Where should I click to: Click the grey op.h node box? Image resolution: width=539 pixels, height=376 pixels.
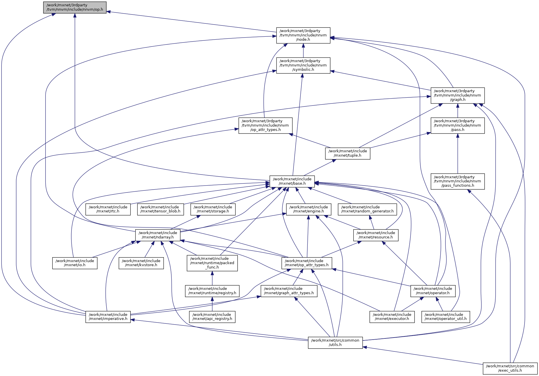pos(75,7)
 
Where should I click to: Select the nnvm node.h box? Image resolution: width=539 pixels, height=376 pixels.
pos(303,35)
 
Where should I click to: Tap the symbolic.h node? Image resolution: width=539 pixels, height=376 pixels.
pos(303,65)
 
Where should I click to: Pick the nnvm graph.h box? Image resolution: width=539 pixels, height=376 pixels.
pos(457,95)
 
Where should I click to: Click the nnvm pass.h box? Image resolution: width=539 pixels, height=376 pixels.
pos(457,125)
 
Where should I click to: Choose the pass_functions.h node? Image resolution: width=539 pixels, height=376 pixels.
pos(457,181)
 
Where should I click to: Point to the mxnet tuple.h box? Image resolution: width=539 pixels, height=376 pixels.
pos(347,153)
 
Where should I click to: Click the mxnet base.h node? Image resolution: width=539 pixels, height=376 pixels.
pos(292,181)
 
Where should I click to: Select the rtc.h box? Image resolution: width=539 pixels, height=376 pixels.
pos(108,209)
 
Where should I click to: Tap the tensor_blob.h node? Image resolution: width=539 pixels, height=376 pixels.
pos(160,209)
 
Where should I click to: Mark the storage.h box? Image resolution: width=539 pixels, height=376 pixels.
pos(213,209)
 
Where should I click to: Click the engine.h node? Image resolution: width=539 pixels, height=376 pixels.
pos(309,209)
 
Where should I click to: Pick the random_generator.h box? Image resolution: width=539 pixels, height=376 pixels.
pos(367,209)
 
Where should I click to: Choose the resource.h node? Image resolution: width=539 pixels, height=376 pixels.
pos(376,235)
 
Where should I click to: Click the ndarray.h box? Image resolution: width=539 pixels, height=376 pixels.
pos(158,235)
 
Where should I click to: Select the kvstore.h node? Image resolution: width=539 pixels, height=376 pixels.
pos(141,263)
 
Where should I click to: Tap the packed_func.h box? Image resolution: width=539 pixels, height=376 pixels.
pos(212,263)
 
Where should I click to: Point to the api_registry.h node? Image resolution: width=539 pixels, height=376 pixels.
pos(212,317)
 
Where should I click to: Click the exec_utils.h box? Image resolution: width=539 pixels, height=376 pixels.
pos(510,368)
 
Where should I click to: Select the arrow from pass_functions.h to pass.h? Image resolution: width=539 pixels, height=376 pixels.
pos(457,153)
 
